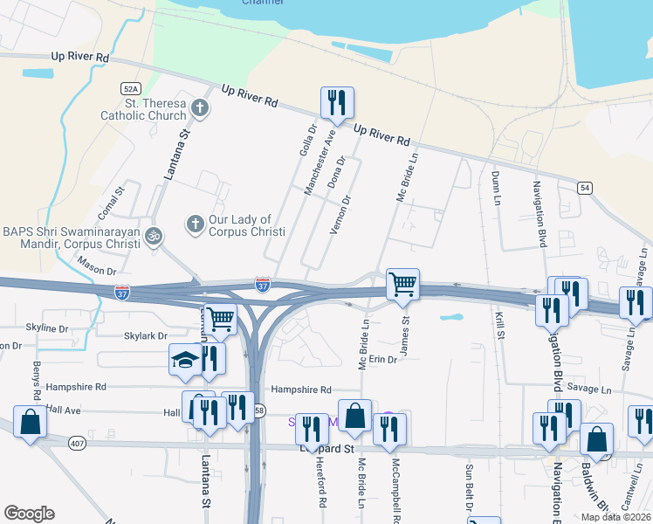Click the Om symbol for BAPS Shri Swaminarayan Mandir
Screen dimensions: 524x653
[x=154, y=235]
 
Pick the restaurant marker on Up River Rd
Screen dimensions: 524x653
[x=336, y=103]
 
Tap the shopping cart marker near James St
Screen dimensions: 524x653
[x=402, y=284]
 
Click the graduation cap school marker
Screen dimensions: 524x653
[x=185, y=360]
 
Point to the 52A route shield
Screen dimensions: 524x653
[x=131, y=89]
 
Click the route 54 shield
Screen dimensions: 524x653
[x=585, y=187]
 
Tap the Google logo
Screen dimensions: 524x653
[x=29, y=514]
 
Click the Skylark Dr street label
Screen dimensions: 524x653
[x=145, y=336]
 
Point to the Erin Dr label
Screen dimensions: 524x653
[x=382, y=360]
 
